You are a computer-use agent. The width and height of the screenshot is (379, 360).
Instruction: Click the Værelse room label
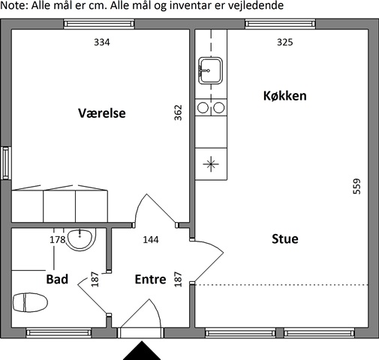point(102,113)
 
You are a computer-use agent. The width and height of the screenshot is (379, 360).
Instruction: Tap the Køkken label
point(285,96)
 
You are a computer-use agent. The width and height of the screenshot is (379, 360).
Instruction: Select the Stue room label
point(285,238)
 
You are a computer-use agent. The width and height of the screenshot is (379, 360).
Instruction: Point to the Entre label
point(150,279)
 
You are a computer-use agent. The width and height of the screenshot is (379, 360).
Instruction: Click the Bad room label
point(57,279)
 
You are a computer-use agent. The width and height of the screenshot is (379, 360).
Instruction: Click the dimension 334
point(102,42)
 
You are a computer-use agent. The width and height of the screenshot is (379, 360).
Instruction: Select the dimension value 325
point(284,42)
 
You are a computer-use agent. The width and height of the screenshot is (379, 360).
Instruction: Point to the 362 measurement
point(178,112)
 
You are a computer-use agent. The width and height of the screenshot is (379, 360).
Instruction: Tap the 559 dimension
point(356,186)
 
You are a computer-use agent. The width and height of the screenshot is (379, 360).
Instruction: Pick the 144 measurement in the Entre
point(151,240)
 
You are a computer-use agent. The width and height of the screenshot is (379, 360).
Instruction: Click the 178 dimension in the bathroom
point(57,240)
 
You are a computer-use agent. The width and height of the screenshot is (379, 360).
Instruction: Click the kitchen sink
point(210,70)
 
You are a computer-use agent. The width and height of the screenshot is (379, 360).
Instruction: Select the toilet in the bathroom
point(30,302)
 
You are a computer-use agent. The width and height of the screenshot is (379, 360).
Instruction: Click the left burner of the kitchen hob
point(203,108)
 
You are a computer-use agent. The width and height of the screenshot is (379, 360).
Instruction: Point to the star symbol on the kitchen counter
point(211,164)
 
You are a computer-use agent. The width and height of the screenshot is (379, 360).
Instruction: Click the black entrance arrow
point(142,350)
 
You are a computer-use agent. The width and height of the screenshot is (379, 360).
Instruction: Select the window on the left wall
point(5,163)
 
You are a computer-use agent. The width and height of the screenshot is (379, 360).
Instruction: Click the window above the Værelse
point(99,24)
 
